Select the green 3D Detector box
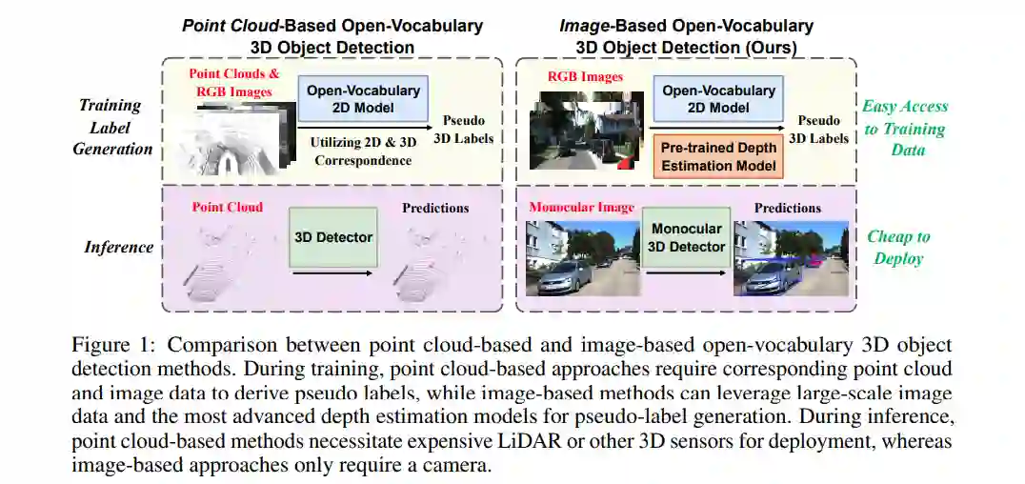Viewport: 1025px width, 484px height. click(332, 237)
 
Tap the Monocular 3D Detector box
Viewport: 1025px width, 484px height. click(688, 237)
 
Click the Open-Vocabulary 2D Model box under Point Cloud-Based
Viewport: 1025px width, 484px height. click(363, 99)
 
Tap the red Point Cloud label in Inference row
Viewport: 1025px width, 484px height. click(228, 207)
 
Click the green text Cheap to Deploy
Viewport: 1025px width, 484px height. click(898, 248)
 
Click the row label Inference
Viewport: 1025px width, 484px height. click(119, 248)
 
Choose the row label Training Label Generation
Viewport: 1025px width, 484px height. click(114, 127)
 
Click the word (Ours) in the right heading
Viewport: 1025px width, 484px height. click(770, 46)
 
